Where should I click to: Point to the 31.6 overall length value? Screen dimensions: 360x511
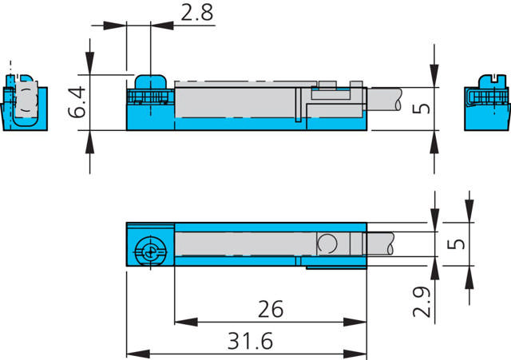pyautogui.click(x=249, y=341)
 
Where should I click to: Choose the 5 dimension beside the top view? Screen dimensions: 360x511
pyautogui.click(x=457, y=243)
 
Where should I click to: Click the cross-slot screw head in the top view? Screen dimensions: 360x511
pyautogui.click(x=149, y=250)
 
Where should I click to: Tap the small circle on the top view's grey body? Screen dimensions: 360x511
pyautogui.click(x=327, y=243)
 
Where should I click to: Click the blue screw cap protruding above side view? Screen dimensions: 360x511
pyautogui.click(x=149, y=82)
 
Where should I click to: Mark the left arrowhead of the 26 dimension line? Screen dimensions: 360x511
pyautogui.click(x=180, y=322)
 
